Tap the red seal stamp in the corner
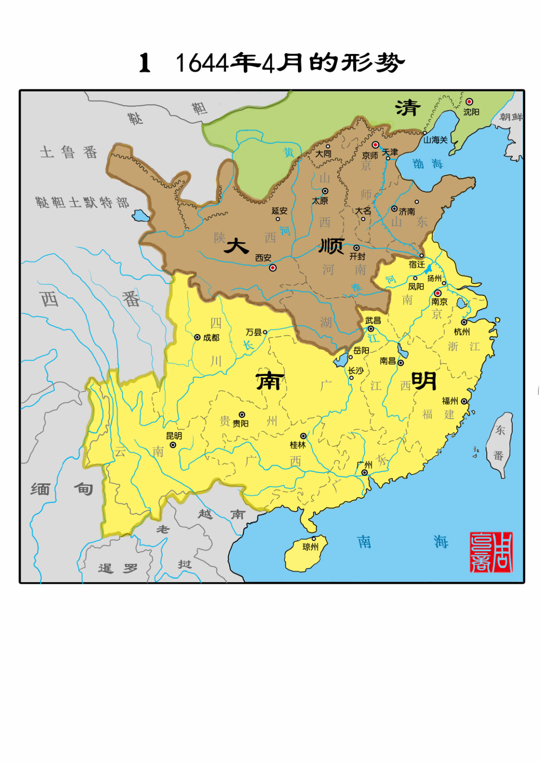pyautogui.click(x=491, y=552)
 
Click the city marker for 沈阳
pyautogui.click(x=469, y=102)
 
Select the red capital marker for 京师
pyautogui.click(x=375, y=145)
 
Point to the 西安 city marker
pyautogui.click(x=272, y=268)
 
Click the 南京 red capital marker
pyautogui.click(x=437, y=293)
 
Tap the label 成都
pyautogui.click(x=211, y=337)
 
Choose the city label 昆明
pyautogui.click(x=174, y=436)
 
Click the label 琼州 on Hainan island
pyautogui.click(x=310, y=547)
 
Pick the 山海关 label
pyautogui.click(x=435, y=140)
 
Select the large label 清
pyautogui.click(x=408, y=108)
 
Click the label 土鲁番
pyautogui.click(x=68, y=152)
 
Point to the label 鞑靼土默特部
pyautogui.click(x=82, y=202)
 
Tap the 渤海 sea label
pyautogui.click(x=427, y=164)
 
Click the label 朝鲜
pyautogui.click(x=511, y=117)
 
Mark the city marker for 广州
pyautogui.click(x=364, y=473)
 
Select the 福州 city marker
pyautogui.click(x=464, y=401)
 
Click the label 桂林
pyautogui.click(x=297, y=445)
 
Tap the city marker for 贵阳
pyautogui.click(x=242, y=415)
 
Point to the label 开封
pyautogui.click(x=358, y=256)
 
